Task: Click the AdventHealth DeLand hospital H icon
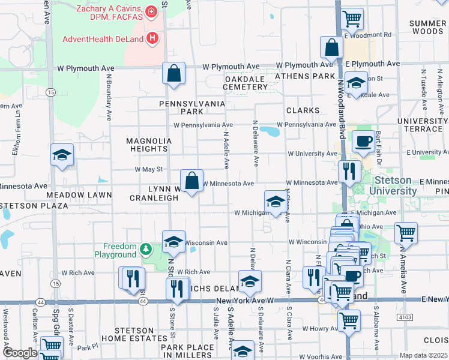click(x=152, y=40)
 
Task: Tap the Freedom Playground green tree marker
click(x=145, y=248)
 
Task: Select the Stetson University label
click(x=393, y=185)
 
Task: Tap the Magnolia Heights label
click(x=148, y=145)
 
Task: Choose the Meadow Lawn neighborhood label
click(x=79, y=195)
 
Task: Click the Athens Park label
click(x=304, y=76)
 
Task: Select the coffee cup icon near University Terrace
click(x=363, y=142)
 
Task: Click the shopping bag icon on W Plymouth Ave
click(x=173, y=74)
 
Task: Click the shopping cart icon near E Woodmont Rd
click(x=352, y=17)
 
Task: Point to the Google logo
click(x=20, y=353)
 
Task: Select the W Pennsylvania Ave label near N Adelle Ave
click(x=199, y=125)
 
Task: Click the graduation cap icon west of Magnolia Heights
click(x=62, y=155)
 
